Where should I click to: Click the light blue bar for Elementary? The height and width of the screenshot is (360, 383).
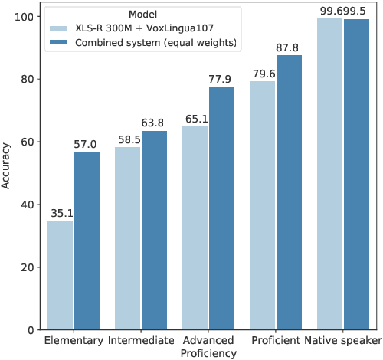coord(61,275)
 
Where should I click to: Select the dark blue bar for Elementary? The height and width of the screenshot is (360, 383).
coord(87,241)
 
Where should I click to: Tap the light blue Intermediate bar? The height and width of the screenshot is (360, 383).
coord(128,238)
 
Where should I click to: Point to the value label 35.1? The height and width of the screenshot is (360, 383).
coord(61,214)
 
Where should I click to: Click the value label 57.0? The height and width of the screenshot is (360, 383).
coord(87,145)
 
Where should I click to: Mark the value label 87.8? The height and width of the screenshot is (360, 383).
coord(289,48)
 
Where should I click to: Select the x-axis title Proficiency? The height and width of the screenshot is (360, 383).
coord(209,353)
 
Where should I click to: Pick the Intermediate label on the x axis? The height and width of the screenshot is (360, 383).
coord(140,340)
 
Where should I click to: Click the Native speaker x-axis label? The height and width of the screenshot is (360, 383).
coord(341,340)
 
